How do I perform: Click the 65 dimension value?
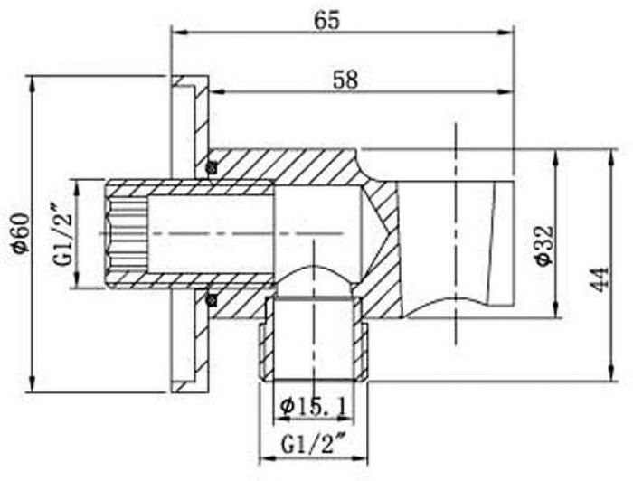click(327, 21)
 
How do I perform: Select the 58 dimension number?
click(345, 80)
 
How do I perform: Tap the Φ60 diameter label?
click(22, 233)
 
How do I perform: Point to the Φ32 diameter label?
click(543, 245)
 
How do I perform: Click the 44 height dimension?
click(599, 278)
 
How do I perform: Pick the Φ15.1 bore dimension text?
click(314, 407)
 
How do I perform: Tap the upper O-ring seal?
click(211, 166)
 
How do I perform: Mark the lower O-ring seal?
click(211, 300)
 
